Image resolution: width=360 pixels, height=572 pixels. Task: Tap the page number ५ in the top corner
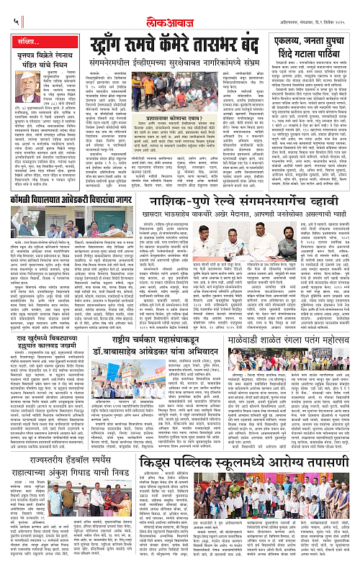tap(6, 6)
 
